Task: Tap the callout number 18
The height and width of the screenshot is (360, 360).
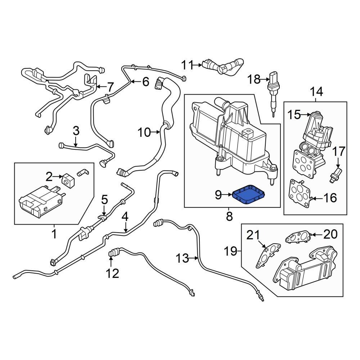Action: pos(254,80)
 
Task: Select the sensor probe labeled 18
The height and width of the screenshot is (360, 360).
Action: pos(273,93)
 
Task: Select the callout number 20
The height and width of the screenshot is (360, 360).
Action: pos(330,234)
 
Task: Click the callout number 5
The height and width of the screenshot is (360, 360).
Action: pos(104,199)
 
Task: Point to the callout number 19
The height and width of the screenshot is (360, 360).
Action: pos(230,251)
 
